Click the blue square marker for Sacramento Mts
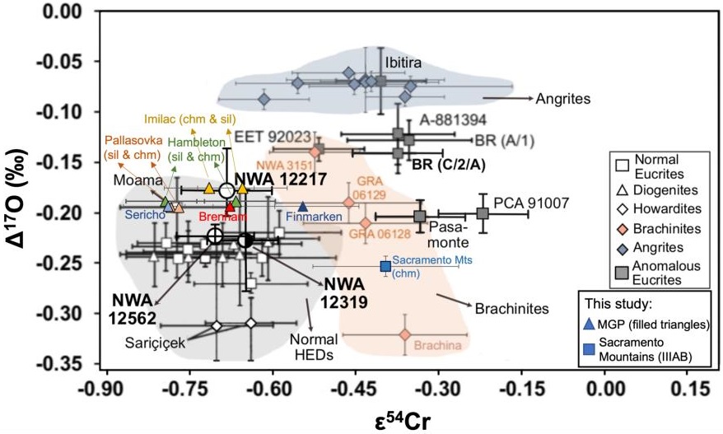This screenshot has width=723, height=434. pos(385,266)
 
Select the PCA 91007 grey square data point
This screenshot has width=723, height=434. pos(483,213)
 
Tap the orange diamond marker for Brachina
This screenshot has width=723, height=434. pos(404,334)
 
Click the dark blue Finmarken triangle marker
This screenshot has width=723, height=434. pos(303,207)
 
